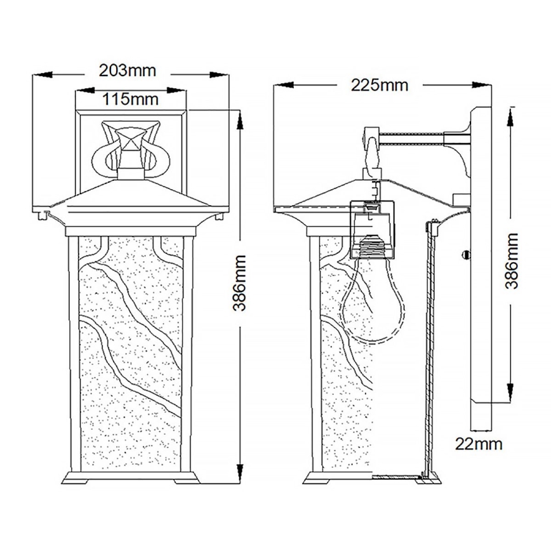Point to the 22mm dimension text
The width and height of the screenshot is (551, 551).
[x=479, y=443]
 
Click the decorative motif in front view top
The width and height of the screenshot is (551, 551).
[x=131, y=149]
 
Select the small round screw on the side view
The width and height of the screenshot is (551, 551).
[x=466, y=255]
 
